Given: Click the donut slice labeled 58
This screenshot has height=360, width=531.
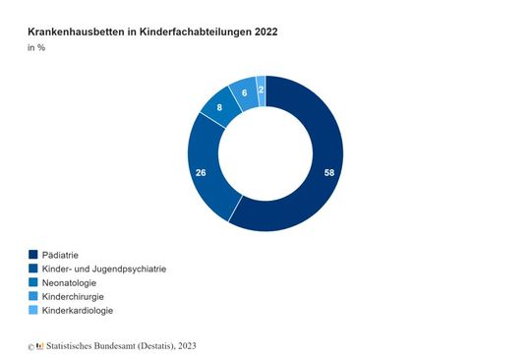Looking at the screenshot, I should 328,172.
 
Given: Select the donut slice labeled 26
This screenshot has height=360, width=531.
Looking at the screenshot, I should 202,172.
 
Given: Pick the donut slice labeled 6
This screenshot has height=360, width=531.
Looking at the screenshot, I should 243,92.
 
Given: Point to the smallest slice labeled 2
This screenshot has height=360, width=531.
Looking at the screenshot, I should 261,89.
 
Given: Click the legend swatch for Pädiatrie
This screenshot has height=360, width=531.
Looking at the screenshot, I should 32,255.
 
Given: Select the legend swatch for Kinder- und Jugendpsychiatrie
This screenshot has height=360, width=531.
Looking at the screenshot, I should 32,269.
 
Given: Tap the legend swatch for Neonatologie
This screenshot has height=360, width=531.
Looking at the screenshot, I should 32,282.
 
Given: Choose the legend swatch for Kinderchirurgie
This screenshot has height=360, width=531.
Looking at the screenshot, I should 32,296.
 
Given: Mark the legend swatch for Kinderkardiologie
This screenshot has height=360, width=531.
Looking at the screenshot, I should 32,310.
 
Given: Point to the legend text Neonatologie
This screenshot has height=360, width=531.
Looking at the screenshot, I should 76,282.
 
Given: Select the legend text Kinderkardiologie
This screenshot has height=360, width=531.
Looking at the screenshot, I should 85,310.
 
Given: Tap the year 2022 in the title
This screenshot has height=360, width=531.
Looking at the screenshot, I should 263,32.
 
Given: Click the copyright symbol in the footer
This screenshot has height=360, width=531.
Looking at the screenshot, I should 30,346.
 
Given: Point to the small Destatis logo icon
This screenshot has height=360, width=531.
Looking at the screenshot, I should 39,345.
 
